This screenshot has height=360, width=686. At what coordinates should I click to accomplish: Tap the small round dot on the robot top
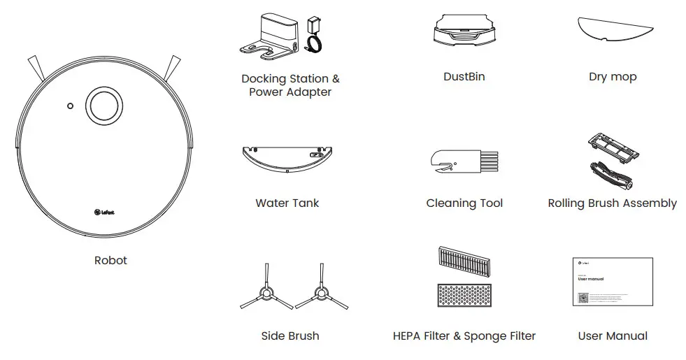pyautogui.click(x=70, y=106)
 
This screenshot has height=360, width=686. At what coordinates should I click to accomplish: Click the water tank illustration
pyautogui.click(x=287, y=159)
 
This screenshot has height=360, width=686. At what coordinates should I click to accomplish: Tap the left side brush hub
pyautogui.click(x=266, y=294)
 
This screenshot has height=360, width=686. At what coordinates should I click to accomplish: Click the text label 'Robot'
pyautogui.click(x=110, y=260)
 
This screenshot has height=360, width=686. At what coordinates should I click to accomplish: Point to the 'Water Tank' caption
pyautogui.click(x=287, y=203)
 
